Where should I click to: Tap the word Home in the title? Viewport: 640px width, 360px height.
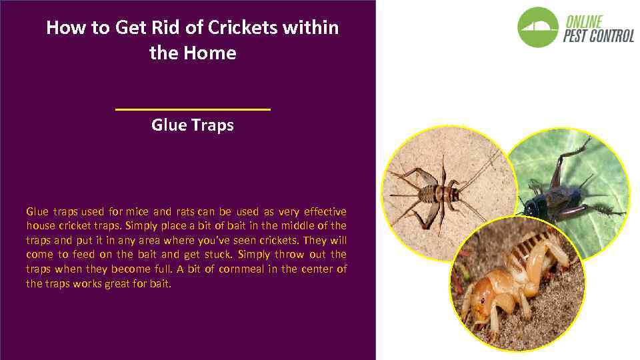pyautogui.click(x=213, y=53)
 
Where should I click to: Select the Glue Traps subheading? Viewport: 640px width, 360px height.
pyautogui.click(x=193, y=125)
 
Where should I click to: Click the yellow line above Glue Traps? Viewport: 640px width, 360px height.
pyautogui.click(x=193, y=109)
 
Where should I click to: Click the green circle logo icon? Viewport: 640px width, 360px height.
pyautogui.click(x=538, y=27)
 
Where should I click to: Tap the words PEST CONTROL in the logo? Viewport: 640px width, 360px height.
pyautogui.click(x=598, y=35)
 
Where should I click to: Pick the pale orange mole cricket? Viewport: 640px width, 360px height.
pyautogui.click(x=513, y=280)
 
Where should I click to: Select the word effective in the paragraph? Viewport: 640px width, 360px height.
pyautogui.click(x=325, y=211)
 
